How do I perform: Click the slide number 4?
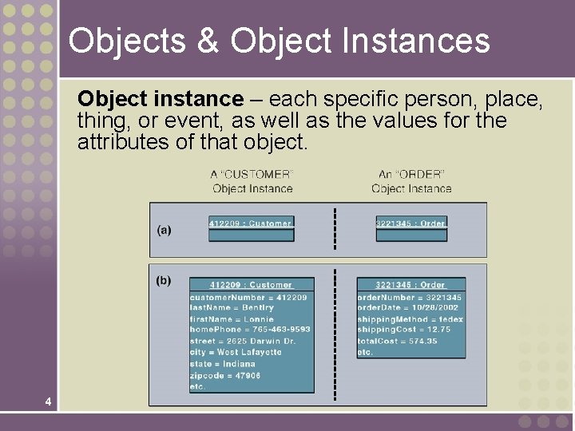tap(49, 401)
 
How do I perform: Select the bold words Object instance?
tap(160, 99)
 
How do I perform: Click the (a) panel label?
tap(164, 230)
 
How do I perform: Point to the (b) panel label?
tap(163, 280)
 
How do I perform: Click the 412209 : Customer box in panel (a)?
tap(252, 223)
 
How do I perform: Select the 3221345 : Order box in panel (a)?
tap(410, 223)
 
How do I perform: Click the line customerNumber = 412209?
tap(248, 297)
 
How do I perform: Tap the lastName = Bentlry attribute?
tap(232, 307)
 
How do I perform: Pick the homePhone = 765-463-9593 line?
tap(250, 329)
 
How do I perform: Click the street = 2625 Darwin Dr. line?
tap(243, 341)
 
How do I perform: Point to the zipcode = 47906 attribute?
tap(225, 374)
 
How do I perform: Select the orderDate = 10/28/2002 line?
tap(407, 307)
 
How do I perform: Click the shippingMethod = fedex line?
tap(410, 319)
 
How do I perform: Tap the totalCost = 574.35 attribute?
tap(397, 341)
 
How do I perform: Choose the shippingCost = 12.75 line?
tap(403, 329)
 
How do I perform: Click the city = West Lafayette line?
tap(236, 352)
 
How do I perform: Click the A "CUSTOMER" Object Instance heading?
tap(252, 181)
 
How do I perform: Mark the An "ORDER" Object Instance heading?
tap(411, 181)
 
